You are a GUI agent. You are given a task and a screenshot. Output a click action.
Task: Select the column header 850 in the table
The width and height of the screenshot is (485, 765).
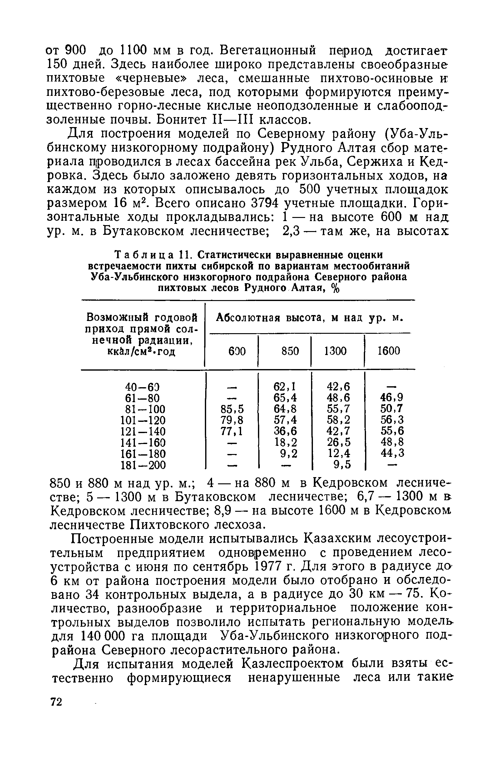(290, 351)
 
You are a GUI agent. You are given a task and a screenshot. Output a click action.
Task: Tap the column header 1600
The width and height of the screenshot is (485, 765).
(388, 351)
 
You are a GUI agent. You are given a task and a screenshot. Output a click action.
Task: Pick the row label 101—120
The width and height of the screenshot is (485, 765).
(143, 420)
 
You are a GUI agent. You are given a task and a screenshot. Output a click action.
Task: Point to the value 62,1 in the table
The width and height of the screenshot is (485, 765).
(285, 387)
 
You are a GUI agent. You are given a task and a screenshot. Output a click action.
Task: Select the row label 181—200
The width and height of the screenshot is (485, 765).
(143, 465)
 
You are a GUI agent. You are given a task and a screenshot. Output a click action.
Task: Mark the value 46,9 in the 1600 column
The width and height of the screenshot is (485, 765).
(392, 397)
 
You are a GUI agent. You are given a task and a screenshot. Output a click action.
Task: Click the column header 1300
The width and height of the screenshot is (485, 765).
(335, 351)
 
